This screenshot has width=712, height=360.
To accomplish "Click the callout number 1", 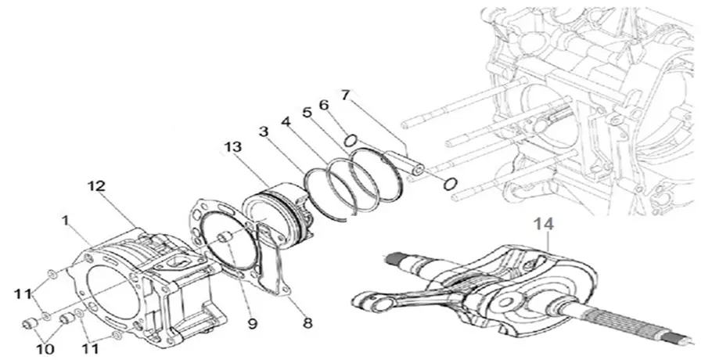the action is (x=67, y=221).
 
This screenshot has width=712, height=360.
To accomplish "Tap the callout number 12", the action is (x=96, y=186).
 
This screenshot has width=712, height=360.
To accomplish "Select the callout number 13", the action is (x=233, y=147).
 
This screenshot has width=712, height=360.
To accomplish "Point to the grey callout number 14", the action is (x=544, y=225).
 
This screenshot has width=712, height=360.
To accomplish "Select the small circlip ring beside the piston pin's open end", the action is (x=450, y=184).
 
